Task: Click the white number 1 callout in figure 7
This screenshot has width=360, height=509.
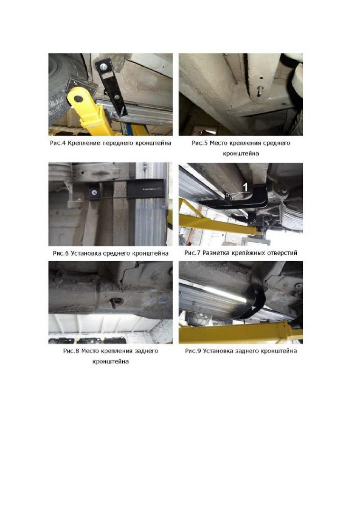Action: coord(245,187)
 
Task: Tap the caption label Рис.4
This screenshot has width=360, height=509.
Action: coord(58,143)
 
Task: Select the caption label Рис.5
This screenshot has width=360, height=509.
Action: coord(200,143)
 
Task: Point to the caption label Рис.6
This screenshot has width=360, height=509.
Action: coord(61,253)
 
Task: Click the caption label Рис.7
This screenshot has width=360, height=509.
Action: coord(192,253)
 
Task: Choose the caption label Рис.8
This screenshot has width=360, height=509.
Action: coord(71,351)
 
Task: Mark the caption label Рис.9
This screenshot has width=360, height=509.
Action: coord(193,351)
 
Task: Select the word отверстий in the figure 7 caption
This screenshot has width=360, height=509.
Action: coord(281,253)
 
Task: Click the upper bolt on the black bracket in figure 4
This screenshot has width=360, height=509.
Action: coord(104,66)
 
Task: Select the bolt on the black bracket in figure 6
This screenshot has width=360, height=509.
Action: coord(94,193)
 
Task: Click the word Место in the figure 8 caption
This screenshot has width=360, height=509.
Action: coord(90,351)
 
